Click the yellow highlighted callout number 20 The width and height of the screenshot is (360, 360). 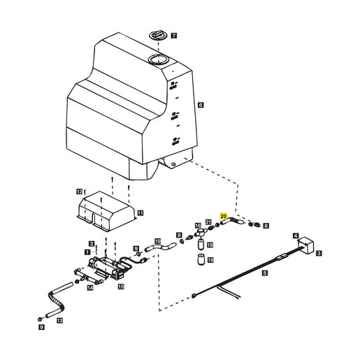pyautogui.click(x=223, y=216)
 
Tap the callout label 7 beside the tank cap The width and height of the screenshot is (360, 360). pyautogui.click(x=174, y=36)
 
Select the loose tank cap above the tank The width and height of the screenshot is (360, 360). pyautogui.click(x=158, y=35)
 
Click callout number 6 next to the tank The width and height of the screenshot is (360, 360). pyautogui.click(x=201, y=105)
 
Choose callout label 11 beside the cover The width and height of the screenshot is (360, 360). pyautogui.click(x=141, y=213)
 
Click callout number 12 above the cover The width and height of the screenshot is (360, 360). pyautogui.click(x=80, y=192)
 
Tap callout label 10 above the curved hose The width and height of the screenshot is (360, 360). pyautogui.click(x=158, y=241)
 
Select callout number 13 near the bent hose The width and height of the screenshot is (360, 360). pyautogui.click(x=60, y=321)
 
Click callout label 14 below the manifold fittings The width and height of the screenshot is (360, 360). pyautogui.click(x=90, y=288)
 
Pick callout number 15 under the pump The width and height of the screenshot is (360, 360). pyautogui.click(x=121, y=287)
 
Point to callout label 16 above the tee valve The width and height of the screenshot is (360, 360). pyautogui.click(x=198, y=226)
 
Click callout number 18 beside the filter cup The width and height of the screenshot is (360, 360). pyautogui.click(x=210, y=245)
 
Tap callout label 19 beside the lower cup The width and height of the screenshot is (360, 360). pyautogui.click(x=210, y=260)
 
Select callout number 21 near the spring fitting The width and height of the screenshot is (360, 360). pyautogui.click(x=208, y=222)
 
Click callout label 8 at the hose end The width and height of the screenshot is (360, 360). pyautogui.click(x=266, y=226)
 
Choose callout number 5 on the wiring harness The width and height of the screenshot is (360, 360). pyautogui.click(x=265, y=273)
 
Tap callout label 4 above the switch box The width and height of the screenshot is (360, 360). pyautogui.click(x=296, y=236)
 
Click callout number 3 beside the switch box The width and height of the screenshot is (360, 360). pyautogui.click(x=319, y=253)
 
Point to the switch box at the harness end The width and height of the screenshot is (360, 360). pyautogui.click(x=306, y=245)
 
